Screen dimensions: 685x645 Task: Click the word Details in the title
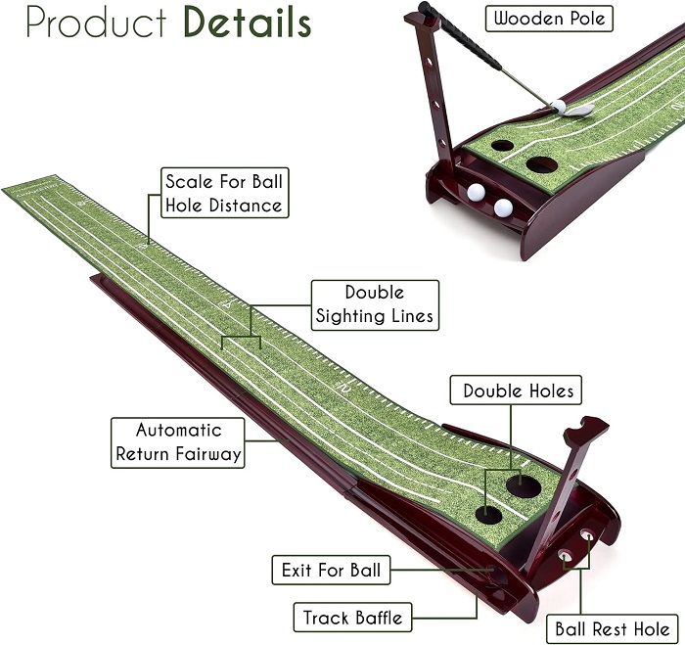pos(248,22)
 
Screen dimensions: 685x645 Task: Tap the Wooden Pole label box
pos(549,19)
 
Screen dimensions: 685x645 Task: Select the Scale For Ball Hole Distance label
pos(224,193)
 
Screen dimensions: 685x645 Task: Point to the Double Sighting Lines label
pos(375,305)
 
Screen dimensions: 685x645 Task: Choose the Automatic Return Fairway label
pos(178,442)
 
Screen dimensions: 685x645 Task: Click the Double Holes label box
pos(516,390)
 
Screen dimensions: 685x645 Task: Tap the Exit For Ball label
pos(331,570)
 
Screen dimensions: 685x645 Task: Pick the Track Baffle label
pos(352,618)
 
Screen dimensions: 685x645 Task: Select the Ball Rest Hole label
pos(613,628)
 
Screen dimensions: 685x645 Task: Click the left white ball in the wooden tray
pos(476,192)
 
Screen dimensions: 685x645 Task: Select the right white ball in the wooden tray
pos(503,207)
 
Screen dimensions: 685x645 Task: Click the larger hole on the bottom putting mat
pos(524,485)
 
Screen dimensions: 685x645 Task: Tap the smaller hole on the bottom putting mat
pos(489,515)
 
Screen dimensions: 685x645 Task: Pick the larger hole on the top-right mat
pos(542,164)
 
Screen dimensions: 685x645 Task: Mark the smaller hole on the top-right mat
pos(502,146)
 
